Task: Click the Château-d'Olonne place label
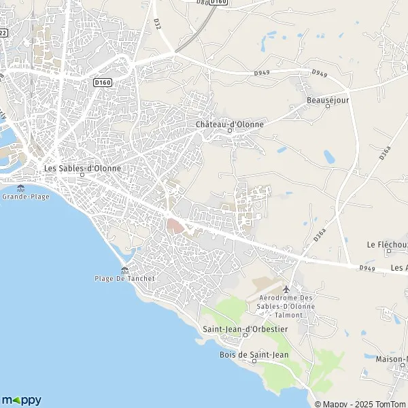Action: tap(229, 124)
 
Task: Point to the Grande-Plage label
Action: tap(22, 197)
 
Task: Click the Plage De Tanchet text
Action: tap(125, 278)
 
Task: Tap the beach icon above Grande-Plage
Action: tap(21, 188)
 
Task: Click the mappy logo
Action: tap(22, 400)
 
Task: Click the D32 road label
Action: tap(158, 23)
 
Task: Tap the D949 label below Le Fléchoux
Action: tap(367, 267)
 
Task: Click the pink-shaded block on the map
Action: tap(175, 226)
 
